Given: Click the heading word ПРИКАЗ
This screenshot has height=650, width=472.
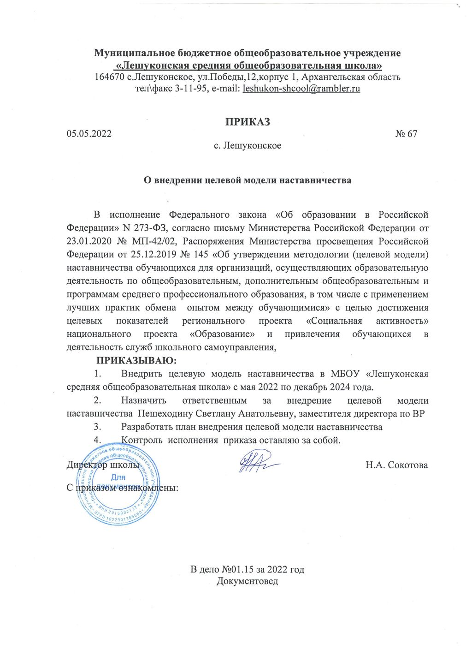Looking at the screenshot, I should tap(247, 122).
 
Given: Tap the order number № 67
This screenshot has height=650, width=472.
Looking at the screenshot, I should tap(406, 134).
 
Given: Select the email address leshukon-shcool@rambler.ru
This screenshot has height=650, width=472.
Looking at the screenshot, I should tap(301, 88).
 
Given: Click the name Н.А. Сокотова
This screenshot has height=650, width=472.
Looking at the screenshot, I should tap(396, 465).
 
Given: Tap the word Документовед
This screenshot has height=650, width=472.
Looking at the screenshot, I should tap(248, 581).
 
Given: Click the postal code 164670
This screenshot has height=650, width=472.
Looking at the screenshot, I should tap(109, 77).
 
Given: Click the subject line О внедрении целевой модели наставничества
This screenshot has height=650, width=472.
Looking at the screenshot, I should tap(248, 180).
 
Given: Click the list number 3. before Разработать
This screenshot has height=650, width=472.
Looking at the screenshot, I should tap(97, 427).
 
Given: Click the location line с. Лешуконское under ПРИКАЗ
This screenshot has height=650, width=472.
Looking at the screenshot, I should tap(248, 146).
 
